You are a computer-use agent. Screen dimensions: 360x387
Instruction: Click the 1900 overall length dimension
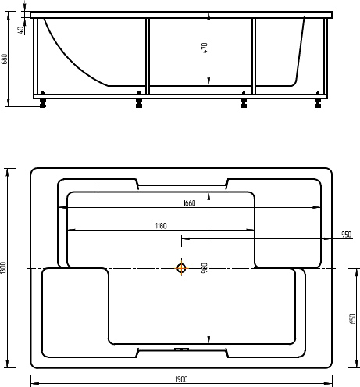click(181, 379)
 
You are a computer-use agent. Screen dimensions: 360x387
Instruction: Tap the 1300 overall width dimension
click(3, 267)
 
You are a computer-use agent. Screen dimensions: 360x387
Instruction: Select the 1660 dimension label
click(189, 203)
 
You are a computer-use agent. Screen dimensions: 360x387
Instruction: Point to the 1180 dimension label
click(161, 226)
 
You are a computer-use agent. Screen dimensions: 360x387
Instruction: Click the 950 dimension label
click(347, 235)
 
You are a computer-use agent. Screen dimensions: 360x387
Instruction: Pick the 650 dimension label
click(352, 319)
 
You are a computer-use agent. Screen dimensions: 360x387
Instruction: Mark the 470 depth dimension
click(205, 48)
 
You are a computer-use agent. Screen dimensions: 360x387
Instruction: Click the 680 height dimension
click(4, 59)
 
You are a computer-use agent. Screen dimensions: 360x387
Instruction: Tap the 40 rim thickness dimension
click(21, 30)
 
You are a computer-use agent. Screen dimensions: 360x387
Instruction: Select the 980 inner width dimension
click(205, 268)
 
